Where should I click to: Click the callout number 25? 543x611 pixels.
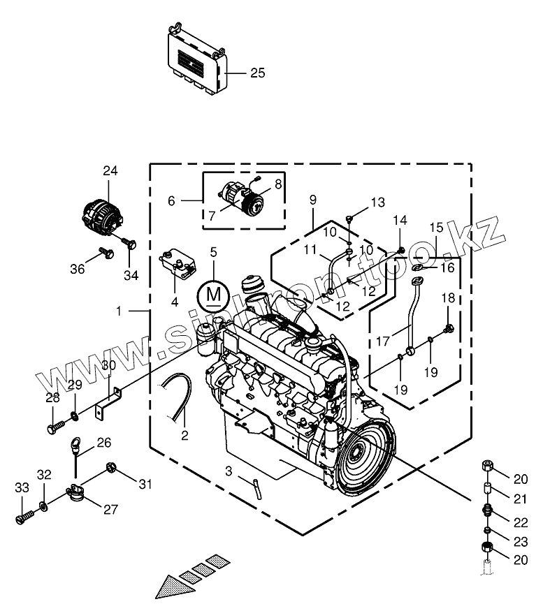(x=258, y=73)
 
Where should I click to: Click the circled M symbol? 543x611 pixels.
(x=214, y=295)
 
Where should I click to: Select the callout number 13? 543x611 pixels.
(x=377, y=203)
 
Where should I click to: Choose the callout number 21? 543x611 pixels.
(x=520, y=498)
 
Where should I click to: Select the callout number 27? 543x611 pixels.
(x=110, y=509)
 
